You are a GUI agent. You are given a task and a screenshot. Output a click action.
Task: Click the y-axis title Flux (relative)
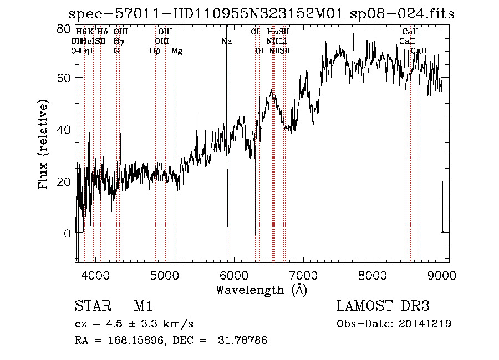(43, 144)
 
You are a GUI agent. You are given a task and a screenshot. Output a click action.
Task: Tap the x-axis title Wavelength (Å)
(261, 290)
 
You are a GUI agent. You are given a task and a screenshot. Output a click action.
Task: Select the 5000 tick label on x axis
(165, 275)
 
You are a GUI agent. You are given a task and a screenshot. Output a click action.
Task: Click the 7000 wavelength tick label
(303, 275)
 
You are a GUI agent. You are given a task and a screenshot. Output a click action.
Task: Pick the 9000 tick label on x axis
(442, 275)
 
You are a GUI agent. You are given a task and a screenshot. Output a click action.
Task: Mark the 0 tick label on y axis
(67, 234)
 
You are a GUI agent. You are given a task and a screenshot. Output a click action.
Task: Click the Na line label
(226, 41)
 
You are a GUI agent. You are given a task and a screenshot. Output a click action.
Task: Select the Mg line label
(177, 51)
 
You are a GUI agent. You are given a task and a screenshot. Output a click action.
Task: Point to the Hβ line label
(155, 51)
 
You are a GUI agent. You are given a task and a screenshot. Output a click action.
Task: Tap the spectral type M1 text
(144, 307)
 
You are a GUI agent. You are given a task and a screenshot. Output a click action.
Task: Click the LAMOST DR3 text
(383, 307)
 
